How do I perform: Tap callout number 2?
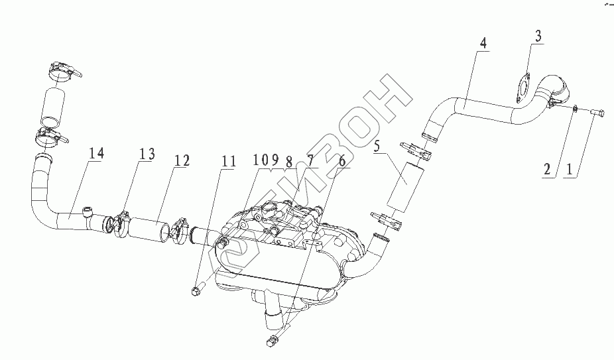click(x=548, y=170)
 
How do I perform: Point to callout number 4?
click(x=483, y=43)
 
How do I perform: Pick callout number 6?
click(x=341, y=160)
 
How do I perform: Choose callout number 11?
click(x=227, y=160)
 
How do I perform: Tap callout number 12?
click(x=181, y=160)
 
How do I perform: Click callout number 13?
click(x=147, y=154)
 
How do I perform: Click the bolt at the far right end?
click(x=595, y=114)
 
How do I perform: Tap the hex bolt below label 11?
click(x=196, y=290)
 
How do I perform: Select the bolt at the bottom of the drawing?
click(x=273, y=342)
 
